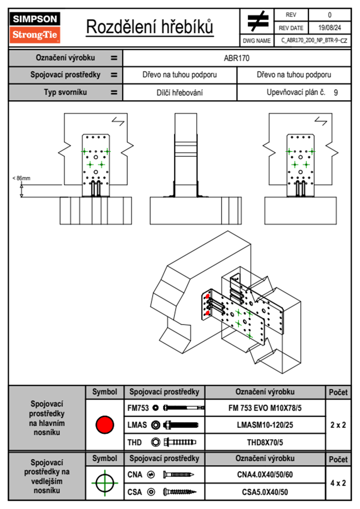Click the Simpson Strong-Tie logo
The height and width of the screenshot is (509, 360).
[x=34, y=27]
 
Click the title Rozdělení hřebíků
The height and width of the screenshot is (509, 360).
[x=150, y=27]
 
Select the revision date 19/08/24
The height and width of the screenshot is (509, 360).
[x=329, y=28]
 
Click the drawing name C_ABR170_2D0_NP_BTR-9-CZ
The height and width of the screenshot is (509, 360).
[x=314, y=41]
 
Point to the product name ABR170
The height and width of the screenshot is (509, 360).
[x=237, y=58]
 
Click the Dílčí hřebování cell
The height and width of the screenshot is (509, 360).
[x=179, y=93]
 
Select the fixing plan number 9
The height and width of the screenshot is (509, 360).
[x=336, y=93]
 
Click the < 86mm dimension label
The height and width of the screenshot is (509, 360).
[x=21, y=178]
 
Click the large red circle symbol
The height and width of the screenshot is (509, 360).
[x=105, y=425]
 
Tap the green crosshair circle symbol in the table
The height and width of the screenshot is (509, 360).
[x=105, y=483]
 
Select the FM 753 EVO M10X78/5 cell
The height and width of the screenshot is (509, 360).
[x=265, y=408]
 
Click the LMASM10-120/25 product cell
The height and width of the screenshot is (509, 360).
[x=265, y=425]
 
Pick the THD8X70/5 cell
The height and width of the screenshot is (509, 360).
[x=265, y=442]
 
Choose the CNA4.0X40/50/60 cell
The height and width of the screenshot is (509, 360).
[x=265, y=475]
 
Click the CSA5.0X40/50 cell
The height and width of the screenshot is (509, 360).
[x=265, y=492]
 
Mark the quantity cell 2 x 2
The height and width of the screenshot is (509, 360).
[x=338, y=425]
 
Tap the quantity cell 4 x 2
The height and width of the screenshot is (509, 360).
[x=338, y=483]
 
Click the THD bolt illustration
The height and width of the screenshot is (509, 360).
[x=180, y=442]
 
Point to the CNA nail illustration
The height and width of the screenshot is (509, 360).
[x=178, y=475]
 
